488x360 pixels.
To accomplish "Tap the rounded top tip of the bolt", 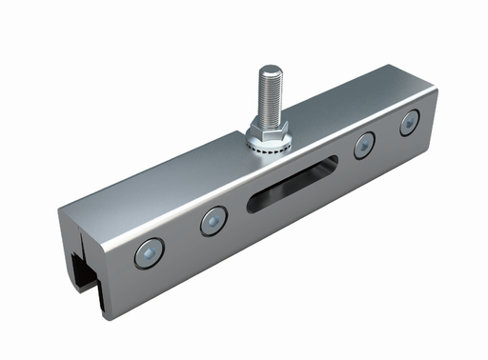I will coord(271,68).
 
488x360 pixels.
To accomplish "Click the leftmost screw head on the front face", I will coord(149,252).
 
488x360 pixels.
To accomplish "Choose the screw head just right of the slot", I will coord(363,146).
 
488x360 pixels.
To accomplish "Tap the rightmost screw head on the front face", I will coord(409,120).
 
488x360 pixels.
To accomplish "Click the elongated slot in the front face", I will coord(296,181).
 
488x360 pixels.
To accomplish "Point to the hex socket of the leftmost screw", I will coord(149,252).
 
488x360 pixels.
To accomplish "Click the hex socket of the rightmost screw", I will coord(409,120).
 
